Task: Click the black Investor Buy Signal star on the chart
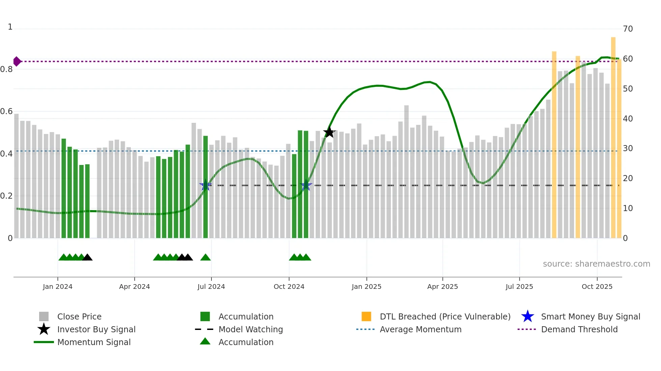pyautogui.click(x=329, y=133)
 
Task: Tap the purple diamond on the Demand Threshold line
pyautogui.click(x=17, y=61)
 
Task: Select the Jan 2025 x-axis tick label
pyautogui.click(x=366, y=286)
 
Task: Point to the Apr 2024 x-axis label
pyautogui.click(x=134, y=286)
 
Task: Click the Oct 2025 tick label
pyautogui.click(x=597, y=286)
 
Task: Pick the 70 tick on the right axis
pyautogui.click(x=628, y=29)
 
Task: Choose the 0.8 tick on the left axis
pyautogui.click(x=6, y=69)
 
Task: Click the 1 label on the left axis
pyautogui.click(x=10, y=27)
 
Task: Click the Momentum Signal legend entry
pyautogui.click(x=94, y=342)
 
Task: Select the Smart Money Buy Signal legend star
pyautogui.click(x=527, y=316)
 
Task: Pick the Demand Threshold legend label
pyautogui.click(x=579, y=329)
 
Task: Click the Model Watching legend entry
pyautogui.click(x=251, y=329)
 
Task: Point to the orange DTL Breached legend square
pyautogui.click(x=366, y=316)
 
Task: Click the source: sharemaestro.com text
pyautogui.click(x=596, y=264)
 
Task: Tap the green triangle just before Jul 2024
pyautogui.click(x=205, y=258)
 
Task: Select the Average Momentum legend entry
pyautogui.click(x=421, y=329)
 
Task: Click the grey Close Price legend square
pyautogui.click(x=44, y=316)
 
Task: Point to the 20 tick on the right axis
pyautogui.click(x=628, y=178)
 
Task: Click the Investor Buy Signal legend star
pyautogui.click(x=44, y=329)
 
